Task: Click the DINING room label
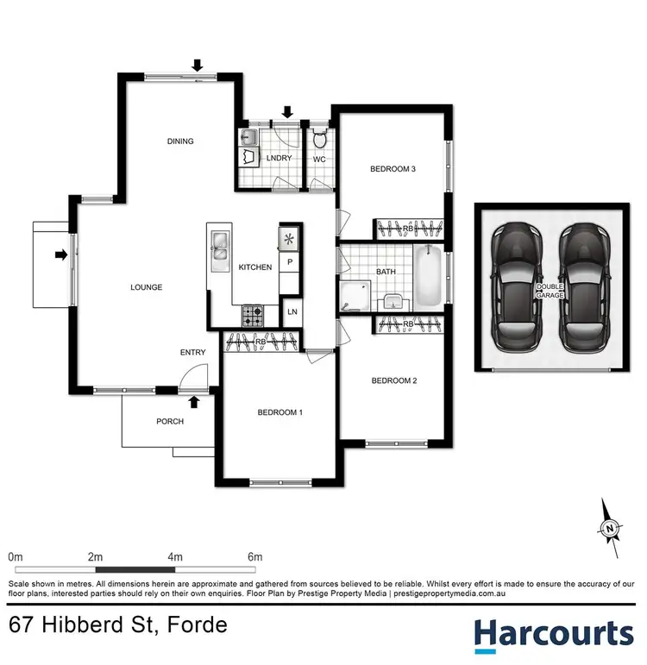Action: coord(181,141)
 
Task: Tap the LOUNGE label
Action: coord(147,287)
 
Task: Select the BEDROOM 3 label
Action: coord(393,169)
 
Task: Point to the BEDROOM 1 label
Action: coord(280,412)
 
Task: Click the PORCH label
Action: coord(169,422)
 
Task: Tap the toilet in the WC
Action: coord(319,140)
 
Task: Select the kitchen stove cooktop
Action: coord(252,315)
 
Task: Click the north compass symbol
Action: coord(611,527)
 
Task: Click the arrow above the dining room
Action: coord(198,65)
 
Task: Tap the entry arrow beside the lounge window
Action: coord(60,254)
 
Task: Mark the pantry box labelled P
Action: coord(290,262)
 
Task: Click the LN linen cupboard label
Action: coord(292,311)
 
